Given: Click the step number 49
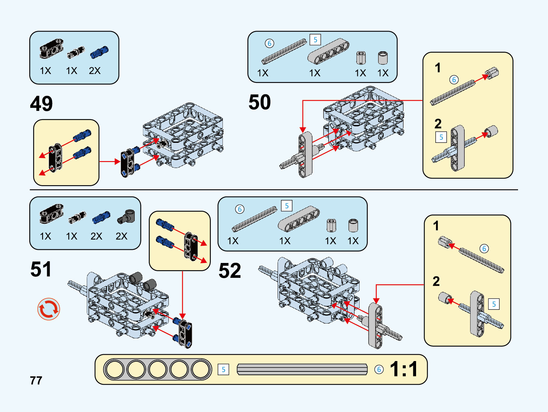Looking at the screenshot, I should tap(41, 104).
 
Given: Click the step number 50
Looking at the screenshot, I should tap(260, 102).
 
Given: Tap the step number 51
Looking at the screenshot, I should tap(41, 269).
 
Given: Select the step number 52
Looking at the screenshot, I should tap(230, 271).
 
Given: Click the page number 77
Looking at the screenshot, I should tap(36, 381).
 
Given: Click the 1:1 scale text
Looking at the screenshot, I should tap(404, 369).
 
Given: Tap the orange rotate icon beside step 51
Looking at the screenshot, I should tap(49, 309).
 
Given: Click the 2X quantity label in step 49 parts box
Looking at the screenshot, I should tap(95, 71).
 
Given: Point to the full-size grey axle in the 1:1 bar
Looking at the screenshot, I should tap(302, 369).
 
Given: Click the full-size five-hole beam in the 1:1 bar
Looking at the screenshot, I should tap(157, 369).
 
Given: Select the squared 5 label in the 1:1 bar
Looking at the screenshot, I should tap(223, 370).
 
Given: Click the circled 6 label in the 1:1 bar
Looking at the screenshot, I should tap(379, 369).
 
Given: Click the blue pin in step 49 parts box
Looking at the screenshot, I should tap(99, 52).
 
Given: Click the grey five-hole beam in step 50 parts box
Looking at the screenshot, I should tap(328, 51).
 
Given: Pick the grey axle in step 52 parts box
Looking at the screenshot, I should tap(255, 219).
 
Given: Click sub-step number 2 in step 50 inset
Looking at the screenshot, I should tap(438, 124).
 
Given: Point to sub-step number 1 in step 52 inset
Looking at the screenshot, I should tap(436, 226).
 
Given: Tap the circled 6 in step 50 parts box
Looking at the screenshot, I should tap(269, 43).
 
